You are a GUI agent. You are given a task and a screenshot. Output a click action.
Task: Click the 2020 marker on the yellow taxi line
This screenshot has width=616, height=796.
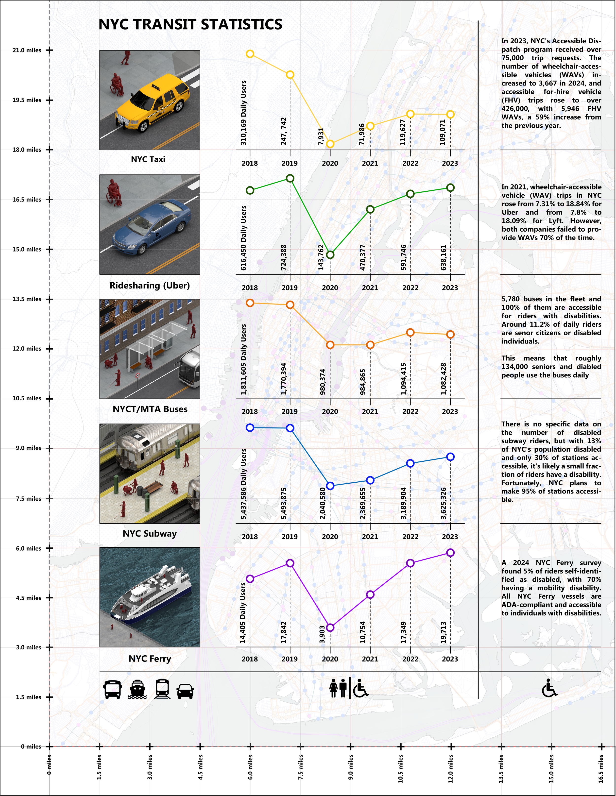tap(330, 144)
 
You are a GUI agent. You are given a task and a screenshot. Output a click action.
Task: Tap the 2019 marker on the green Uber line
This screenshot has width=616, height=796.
tap(290, 178)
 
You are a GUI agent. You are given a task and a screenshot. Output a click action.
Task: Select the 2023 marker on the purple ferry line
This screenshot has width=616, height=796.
tap(450, 553)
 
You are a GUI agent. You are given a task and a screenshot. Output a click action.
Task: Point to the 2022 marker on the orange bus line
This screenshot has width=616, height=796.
tap(411, 332)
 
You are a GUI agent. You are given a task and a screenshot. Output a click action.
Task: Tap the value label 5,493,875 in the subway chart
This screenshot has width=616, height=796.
tap(284, 503)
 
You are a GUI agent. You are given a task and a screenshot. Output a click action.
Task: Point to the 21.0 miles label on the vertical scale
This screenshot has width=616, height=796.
tap(27, 50)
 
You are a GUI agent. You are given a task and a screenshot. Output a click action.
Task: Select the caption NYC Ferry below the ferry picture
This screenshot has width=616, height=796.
tap(150, 659)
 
